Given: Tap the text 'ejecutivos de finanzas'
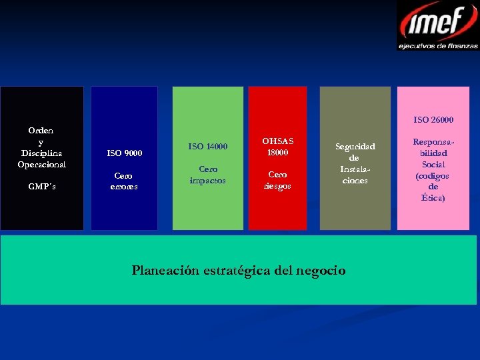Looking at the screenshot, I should pyautogui.click(x=438, y=46).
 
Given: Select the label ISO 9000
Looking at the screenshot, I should pyautogui.click(x=125, y=153).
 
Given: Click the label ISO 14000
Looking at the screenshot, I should pyautogui.click(x=207, y=147).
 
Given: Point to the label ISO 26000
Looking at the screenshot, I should pyautogui.click(x=433, y=120).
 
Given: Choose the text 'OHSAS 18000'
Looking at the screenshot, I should pyautogui.click(x=277, y=147).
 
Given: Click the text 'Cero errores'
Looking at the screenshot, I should pyautogui.click(x=124, y=181).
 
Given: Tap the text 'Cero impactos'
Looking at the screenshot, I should pyautogui.click(x=207, y=175).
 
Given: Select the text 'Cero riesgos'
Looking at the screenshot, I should pyautogui.click(x=277, y=180).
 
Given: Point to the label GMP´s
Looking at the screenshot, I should pyautogui.click(x=42, y=187).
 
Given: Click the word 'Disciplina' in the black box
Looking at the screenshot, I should pyautogui.click(x=41, y=153).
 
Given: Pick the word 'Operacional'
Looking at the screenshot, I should pyautogui.click(x=41, y=164).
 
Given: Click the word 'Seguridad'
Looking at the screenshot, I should pyautogui.click(x=355, y=147).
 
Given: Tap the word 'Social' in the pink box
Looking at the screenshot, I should pyautogui.click(x=433, y=165).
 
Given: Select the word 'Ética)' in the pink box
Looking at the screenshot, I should pyautogui.click(x=433, y=198).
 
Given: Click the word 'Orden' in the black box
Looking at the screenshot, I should pyautogui.click(x=41, y=131).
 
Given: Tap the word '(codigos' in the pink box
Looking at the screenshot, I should pyautogui.click(x=433, y=176).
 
